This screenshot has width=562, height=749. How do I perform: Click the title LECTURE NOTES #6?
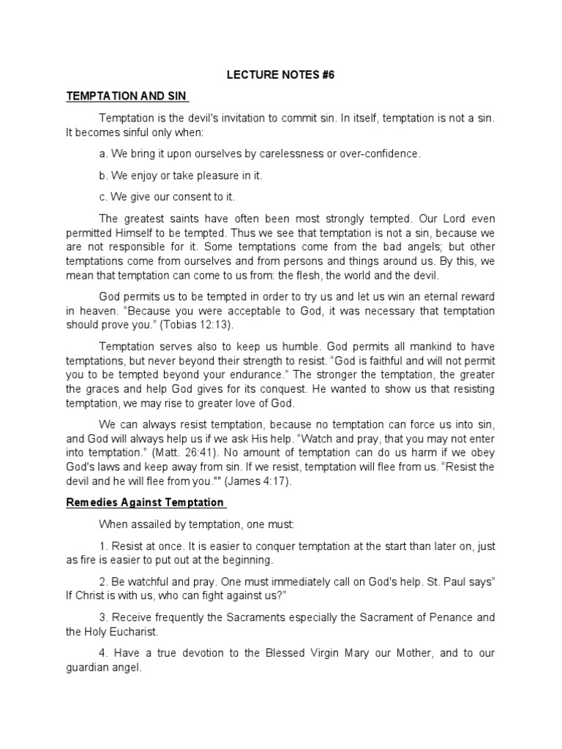280,75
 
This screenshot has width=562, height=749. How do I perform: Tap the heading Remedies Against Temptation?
146,503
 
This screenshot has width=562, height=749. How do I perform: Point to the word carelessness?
282,154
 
